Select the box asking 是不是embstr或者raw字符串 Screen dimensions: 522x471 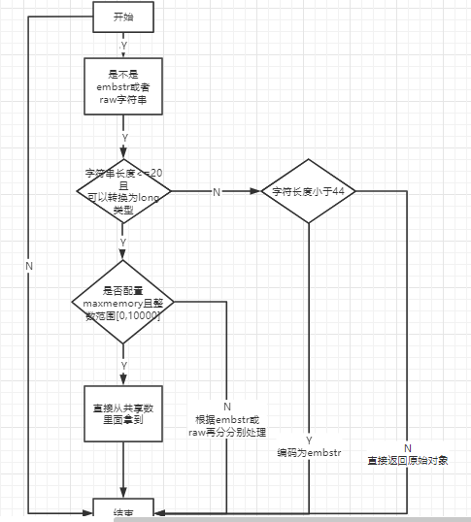[x=122, y=86]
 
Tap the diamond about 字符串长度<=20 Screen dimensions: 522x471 [x=122, y=191]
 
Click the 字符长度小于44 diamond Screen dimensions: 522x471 [x=309, y=191]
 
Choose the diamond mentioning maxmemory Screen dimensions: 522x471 [x=122, y=301]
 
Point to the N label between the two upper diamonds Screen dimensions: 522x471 [x=217, y=192]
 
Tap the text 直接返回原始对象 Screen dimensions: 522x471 [x=408, y=460]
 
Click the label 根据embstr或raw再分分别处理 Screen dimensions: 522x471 [x=227, y=426]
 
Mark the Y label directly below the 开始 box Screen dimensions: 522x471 [x=122, y=46]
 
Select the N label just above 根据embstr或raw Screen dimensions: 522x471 [x=227, y=406]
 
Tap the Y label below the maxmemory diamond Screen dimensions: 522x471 [x=123, y=365]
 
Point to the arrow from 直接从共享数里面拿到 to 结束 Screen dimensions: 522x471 [x=122, y=475]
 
